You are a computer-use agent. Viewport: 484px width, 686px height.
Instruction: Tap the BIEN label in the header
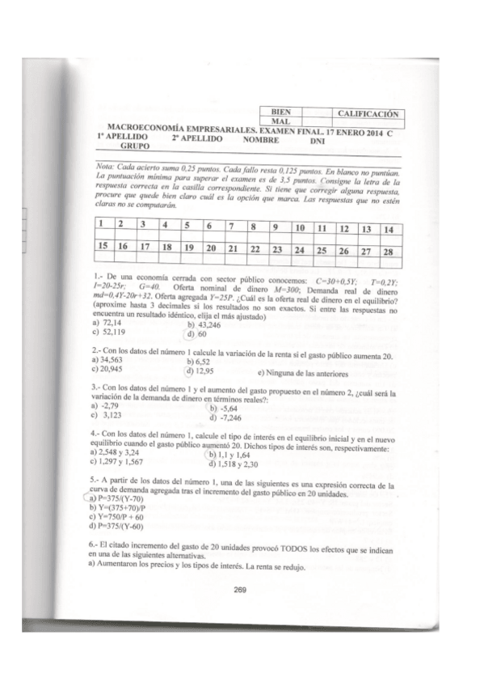[282, 112]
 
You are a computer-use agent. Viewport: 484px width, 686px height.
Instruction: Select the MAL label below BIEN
[280, 121]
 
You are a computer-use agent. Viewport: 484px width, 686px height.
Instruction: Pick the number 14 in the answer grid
[390, 229]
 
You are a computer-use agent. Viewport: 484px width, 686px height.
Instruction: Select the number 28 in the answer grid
[388, 252]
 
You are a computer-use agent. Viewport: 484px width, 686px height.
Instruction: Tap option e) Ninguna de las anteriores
[303, 374]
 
